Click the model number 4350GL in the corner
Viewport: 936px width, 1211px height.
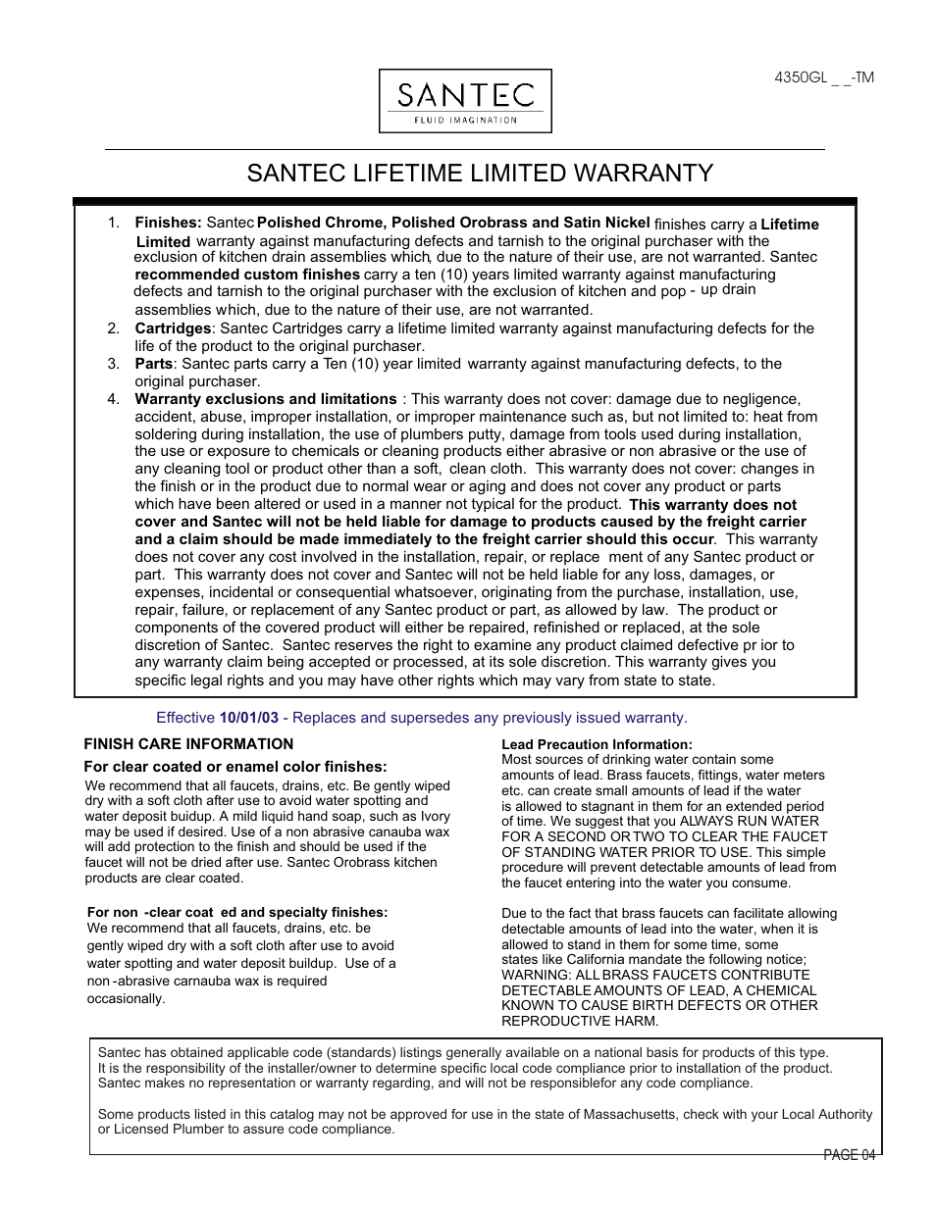(801, 77)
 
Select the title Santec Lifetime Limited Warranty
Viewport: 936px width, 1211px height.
(480, 174)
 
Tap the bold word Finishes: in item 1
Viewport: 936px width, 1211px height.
(168, 223)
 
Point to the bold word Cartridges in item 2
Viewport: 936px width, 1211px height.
(173, 328)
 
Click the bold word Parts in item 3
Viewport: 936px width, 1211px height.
(153, 364)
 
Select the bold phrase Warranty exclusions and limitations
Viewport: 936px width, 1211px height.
(265, 399)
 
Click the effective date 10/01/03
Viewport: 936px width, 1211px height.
(248, 718)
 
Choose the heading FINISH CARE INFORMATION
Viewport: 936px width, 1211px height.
(188, 744)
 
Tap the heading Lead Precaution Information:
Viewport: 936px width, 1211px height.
(597, 744)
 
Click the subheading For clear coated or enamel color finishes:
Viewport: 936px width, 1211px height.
(235, 767)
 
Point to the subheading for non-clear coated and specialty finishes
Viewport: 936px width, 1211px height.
(236, 912)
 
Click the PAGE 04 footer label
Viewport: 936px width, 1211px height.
(849, 1155)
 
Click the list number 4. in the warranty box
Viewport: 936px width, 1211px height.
(114, 399)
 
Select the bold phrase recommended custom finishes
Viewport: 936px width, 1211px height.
(247, 275)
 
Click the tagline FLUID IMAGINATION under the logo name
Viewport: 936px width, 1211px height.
(465, 121)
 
